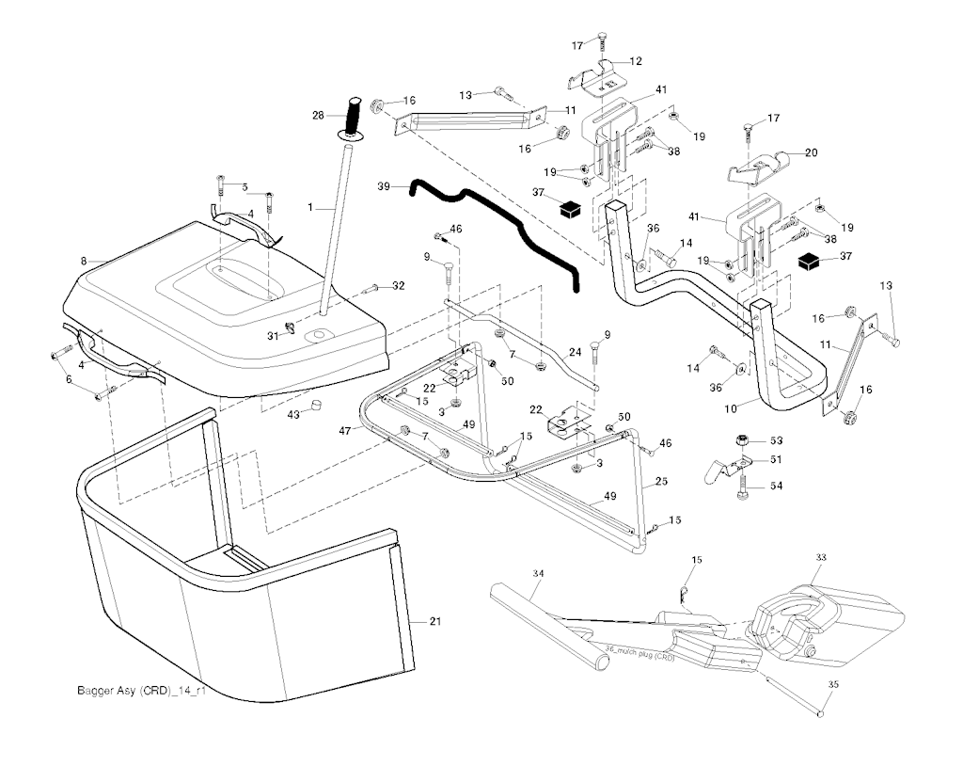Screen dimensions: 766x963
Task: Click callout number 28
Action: [318, 116]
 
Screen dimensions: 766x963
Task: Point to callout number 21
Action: [434, 621]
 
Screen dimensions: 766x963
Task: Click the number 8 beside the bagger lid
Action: [83, 261]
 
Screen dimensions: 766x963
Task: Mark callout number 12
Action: [637, 61]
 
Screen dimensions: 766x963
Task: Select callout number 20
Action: [812, 152]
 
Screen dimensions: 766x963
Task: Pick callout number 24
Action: [576, 352]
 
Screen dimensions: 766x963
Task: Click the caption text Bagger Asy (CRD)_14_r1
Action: [140, 691]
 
